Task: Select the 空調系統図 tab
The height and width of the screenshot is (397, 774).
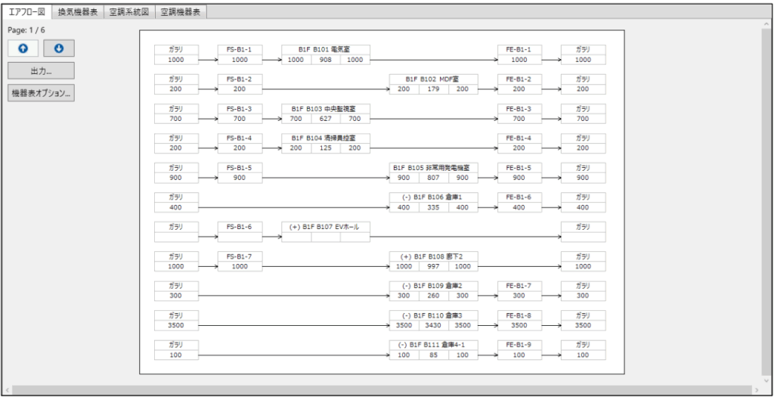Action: click(130, 12)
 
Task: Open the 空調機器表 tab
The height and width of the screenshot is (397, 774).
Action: click(181, 12)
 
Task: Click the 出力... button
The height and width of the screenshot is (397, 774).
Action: click(41, 70)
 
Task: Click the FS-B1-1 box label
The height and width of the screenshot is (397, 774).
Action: click(240, 49)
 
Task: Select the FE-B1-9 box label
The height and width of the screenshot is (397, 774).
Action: click(519, 344)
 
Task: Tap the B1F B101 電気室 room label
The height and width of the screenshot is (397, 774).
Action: click(326, 49)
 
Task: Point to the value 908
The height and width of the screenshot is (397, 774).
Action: click(325, 60)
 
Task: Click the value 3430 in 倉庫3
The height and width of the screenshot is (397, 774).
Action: click(434, 325)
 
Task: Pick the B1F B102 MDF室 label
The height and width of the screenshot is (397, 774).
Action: click(434, 79)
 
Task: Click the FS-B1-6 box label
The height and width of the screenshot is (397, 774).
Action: click(240, 226)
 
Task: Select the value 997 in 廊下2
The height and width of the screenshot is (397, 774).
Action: click(434, 266)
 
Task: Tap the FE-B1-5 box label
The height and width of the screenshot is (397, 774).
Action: click(519, 167)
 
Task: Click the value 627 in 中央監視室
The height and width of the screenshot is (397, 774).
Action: click(325, 119)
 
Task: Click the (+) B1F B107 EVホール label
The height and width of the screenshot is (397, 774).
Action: click(326, 226)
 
